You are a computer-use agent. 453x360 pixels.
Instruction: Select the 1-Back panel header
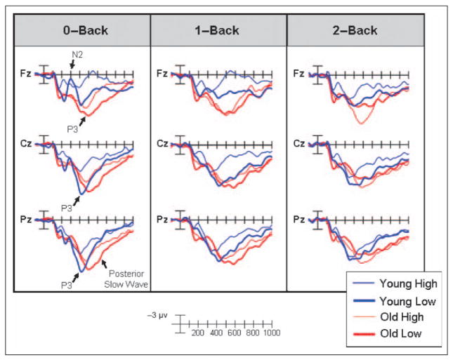(x=218, y=31)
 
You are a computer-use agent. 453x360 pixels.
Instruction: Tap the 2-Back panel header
(x=355, y=31)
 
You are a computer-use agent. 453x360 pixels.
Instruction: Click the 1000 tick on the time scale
(x=271, y=333)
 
